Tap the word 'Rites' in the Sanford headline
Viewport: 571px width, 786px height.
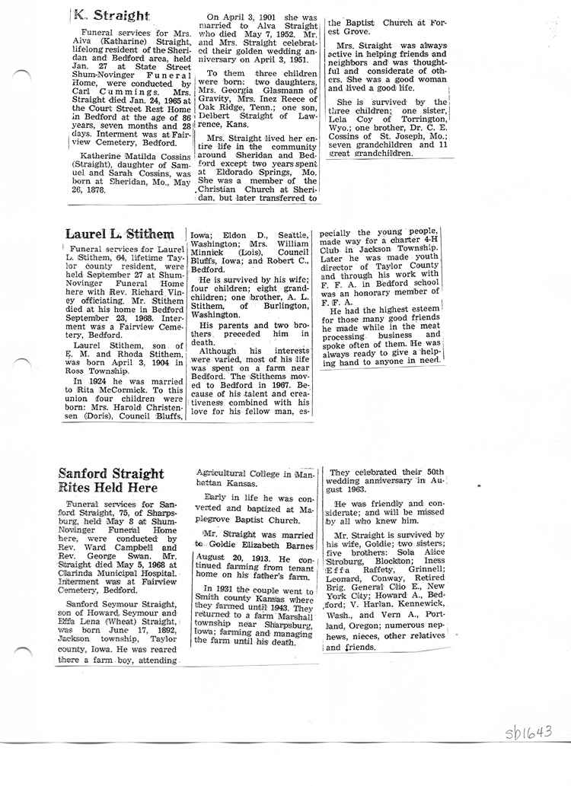coord(76,487)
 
